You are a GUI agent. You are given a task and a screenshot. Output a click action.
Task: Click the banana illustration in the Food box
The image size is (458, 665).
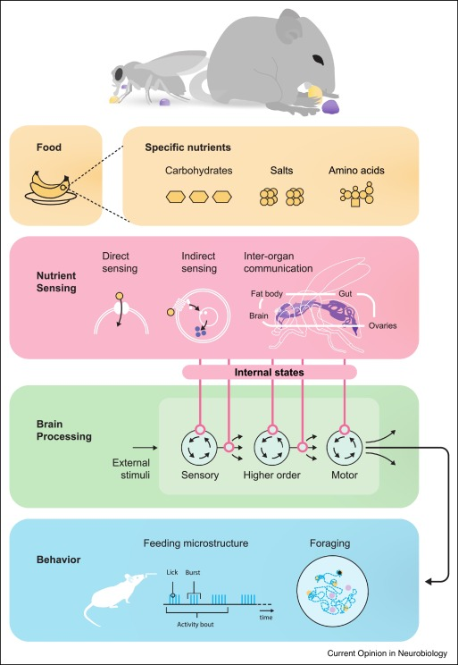pos(51,187)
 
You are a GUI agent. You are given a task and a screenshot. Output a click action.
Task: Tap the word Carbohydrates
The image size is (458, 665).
pos(198,171)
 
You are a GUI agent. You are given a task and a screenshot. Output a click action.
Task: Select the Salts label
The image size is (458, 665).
pos(282,171)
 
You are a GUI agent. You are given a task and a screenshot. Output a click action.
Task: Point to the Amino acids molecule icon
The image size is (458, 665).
pos(357,195)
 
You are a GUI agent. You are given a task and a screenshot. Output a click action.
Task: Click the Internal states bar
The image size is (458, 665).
pos(269,373)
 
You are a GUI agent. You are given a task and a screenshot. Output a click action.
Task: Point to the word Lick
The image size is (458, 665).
pos(172,572)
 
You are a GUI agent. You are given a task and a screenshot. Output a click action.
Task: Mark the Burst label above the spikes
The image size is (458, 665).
pos(193,572)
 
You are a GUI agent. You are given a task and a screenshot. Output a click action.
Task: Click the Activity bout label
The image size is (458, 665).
pos(196,624)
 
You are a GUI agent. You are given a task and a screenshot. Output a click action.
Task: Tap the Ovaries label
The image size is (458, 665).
pos(384,325)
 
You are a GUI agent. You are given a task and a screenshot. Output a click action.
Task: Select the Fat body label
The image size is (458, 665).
pos(267,293)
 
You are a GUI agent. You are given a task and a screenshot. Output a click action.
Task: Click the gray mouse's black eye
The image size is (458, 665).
pos(319,60)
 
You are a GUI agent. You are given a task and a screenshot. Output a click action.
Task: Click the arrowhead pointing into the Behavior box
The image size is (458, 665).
pos(429,582)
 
